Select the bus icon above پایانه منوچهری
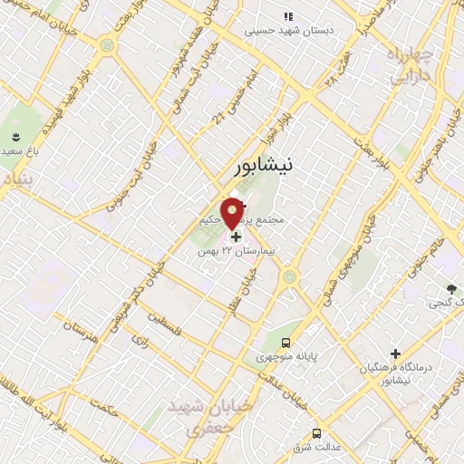pos(286,343)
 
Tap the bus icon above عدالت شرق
pos(316,433)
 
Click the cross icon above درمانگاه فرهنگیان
pos(395,353)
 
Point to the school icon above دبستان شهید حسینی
pos(289,16)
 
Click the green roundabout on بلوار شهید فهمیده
pos(109,43)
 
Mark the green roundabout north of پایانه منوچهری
pos(290,276)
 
